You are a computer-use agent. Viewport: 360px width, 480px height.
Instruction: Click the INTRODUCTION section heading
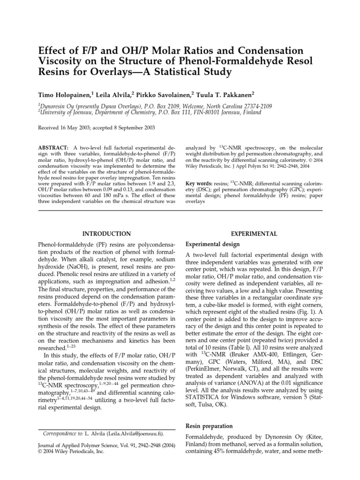coord(106,233)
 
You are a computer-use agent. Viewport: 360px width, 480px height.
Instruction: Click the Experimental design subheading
coord(213,244)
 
